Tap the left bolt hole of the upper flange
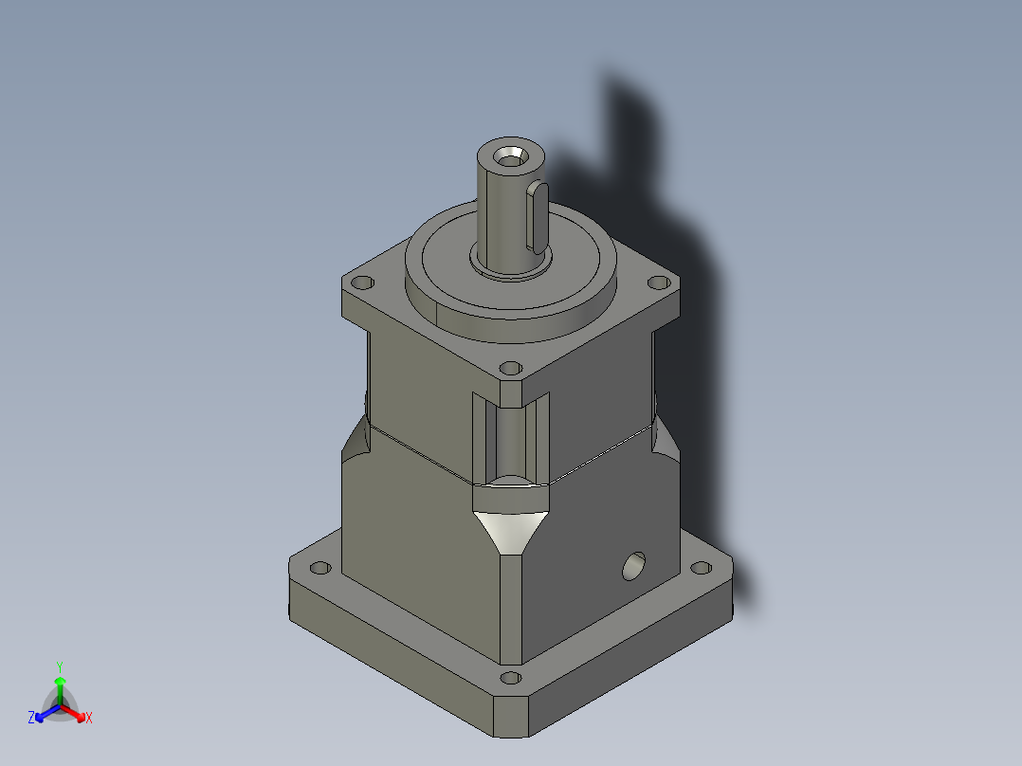click(361, 283)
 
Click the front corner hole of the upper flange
click(510, 367)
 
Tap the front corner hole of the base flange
click(510, 678)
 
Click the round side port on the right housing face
click(632, 566)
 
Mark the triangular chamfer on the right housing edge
click(665, 440)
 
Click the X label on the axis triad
click(89, 719)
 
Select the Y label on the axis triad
click(59, 666)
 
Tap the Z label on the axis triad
click(31, 719)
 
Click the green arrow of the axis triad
click(59, 687)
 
